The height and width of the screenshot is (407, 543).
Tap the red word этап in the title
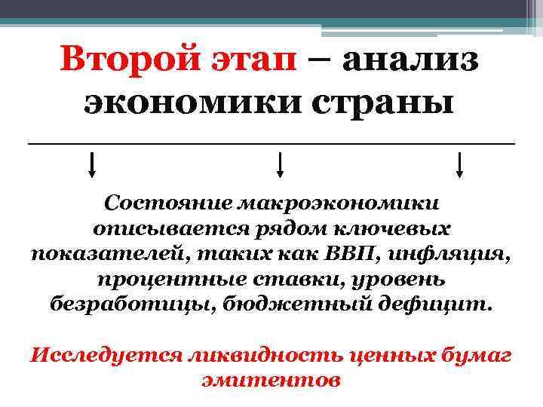[x=253, y=59]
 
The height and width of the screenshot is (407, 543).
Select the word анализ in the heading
[x=410, y=59]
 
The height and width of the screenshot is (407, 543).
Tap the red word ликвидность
[x=263, y=354]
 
